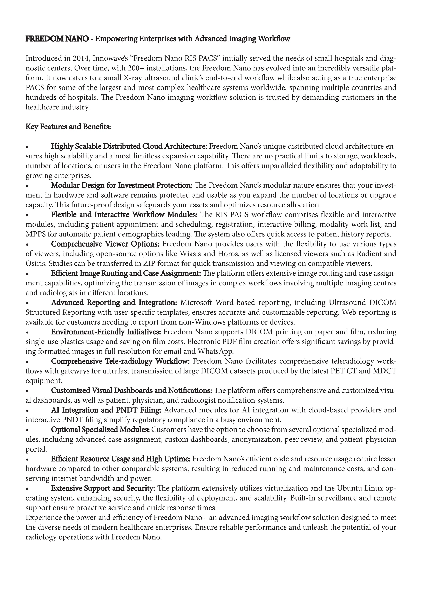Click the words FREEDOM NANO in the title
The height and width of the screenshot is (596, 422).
click(x=57, y=39)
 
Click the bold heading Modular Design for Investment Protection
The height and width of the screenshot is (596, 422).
click(x=122, y=185)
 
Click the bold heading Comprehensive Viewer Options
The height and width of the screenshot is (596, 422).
click(x=105, y=244)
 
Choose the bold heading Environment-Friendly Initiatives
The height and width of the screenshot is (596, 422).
click(x=106, y=332)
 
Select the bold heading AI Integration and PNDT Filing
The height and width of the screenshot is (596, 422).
click(x=106, y=410)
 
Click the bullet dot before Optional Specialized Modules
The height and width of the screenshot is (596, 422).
click(x=27, y=430)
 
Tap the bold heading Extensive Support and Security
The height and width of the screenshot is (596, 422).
click(x=103, y=489)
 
